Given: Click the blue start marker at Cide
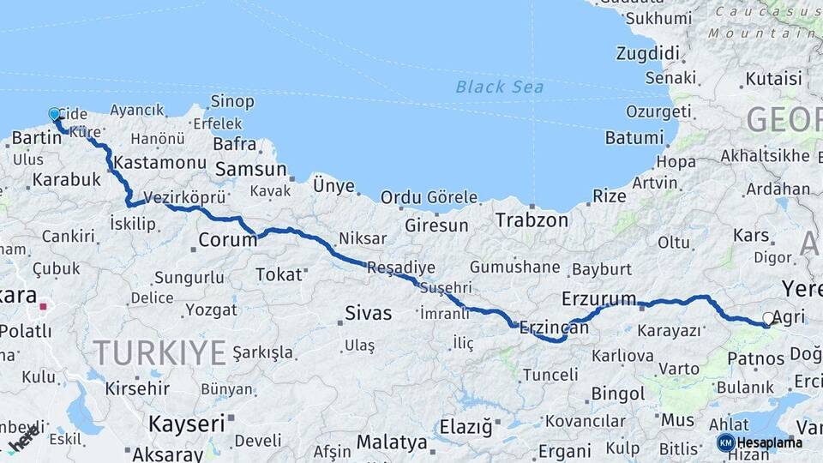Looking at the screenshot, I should click(55, 114).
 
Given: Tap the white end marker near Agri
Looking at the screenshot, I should click(768, 318).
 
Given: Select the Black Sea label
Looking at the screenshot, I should click(499, 87).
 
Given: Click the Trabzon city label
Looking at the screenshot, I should click(532, 220).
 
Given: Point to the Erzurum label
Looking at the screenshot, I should click(599, 298).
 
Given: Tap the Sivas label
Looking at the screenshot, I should click(369, 313).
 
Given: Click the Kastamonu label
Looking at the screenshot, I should click(159, 162).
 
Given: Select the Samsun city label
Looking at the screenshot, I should click(250, 170).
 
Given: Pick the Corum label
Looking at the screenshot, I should click(227, 240).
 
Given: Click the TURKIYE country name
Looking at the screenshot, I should click(159, 352).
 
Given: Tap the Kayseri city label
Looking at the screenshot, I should click(186, 423).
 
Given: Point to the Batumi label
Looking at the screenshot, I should click(634, 138).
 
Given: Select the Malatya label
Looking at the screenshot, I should click(392, 442).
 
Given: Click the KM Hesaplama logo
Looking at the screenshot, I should click(760, 442).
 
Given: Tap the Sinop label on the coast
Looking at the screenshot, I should click(232, 102).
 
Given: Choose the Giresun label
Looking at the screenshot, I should click(437, 226).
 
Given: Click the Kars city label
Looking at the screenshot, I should click(751, 235).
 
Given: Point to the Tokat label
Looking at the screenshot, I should click(279, 274).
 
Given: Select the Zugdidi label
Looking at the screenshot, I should click(647, 53).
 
